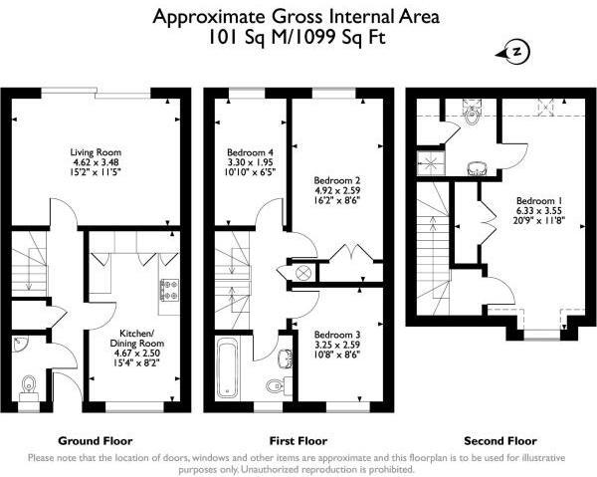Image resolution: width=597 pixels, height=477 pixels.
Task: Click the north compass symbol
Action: pos(516,52)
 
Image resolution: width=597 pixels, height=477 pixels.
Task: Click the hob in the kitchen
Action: pos(167,291)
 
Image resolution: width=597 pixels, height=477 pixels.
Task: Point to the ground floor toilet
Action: pos(29,382)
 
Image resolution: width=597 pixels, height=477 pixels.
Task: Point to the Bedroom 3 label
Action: pos(335,336)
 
